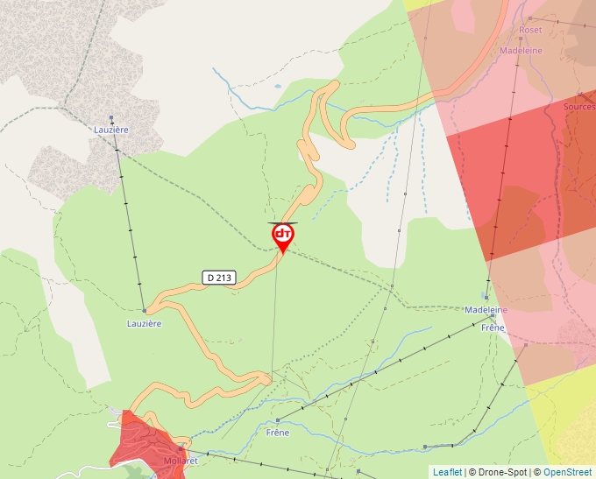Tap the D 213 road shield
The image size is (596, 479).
pyautogui.click(x=219, y=278)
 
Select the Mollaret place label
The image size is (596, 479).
pyautogui.click(x=181, y=461)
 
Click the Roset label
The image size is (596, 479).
pyautogui.click(x=530, y=30)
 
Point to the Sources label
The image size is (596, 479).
pyautogui.click(x=578, y=107)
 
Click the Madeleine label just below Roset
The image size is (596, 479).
pyautogui.click(x=521, y=51)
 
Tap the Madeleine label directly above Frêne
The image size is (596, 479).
pyautogui.click(x=486, y=310)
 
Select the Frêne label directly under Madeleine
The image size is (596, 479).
pyautogui.click(x=493, y=328)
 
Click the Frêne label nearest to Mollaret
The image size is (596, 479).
pyautogui.click(x=277, y=433)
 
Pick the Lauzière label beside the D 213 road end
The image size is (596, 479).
pyautogui.click(x=143, y=323)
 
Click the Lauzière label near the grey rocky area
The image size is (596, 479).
pyautogui.click(x=111, y=130)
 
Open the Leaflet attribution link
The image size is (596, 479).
pyautogui.click(x=447, y=472)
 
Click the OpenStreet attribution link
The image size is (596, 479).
pyautogui.click(x=567, y=472)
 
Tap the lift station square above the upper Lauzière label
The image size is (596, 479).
pyautogui.click(x=111, y=118)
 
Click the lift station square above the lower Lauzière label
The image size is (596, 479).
pyautogui.click(x=144, y=310)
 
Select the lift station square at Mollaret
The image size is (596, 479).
pyautogui.click(x=180, y=447)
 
